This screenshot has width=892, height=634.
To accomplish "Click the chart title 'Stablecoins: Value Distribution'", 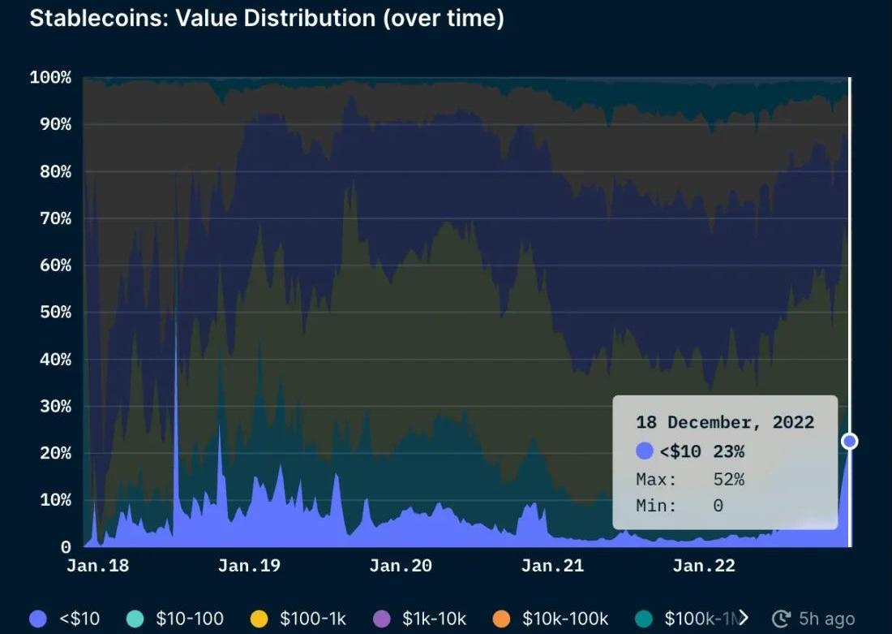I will [x=266, y=19].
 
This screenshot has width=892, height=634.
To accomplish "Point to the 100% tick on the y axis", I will [x=51, y=78].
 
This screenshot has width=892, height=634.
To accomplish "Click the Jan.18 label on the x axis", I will [x=97, y=566].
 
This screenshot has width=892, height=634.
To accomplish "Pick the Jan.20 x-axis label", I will [x=401, y=566].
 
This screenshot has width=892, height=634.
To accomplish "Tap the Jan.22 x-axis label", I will [x=704, y=566].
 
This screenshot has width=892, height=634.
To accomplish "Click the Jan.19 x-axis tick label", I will [x=249, y=566].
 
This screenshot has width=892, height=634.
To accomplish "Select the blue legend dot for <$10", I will [x=38, y=619].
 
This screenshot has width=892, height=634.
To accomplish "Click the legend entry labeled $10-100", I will [x=189, y=619].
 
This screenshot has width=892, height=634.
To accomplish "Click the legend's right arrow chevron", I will [x=744, y=618].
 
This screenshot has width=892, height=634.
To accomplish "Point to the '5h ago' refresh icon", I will [x=781, y=619].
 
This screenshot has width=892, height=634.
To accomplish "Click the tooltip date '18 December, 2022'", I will [x=725, y=422].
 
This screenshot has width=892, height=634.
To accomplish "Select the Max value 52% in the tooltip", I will [x=728, y=479].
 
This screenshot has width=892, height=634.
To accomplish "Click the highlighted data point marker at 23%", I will [x=849, y=441].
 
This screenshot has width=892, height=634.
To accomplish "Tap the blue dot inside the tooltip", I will [x=645, y=451].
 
